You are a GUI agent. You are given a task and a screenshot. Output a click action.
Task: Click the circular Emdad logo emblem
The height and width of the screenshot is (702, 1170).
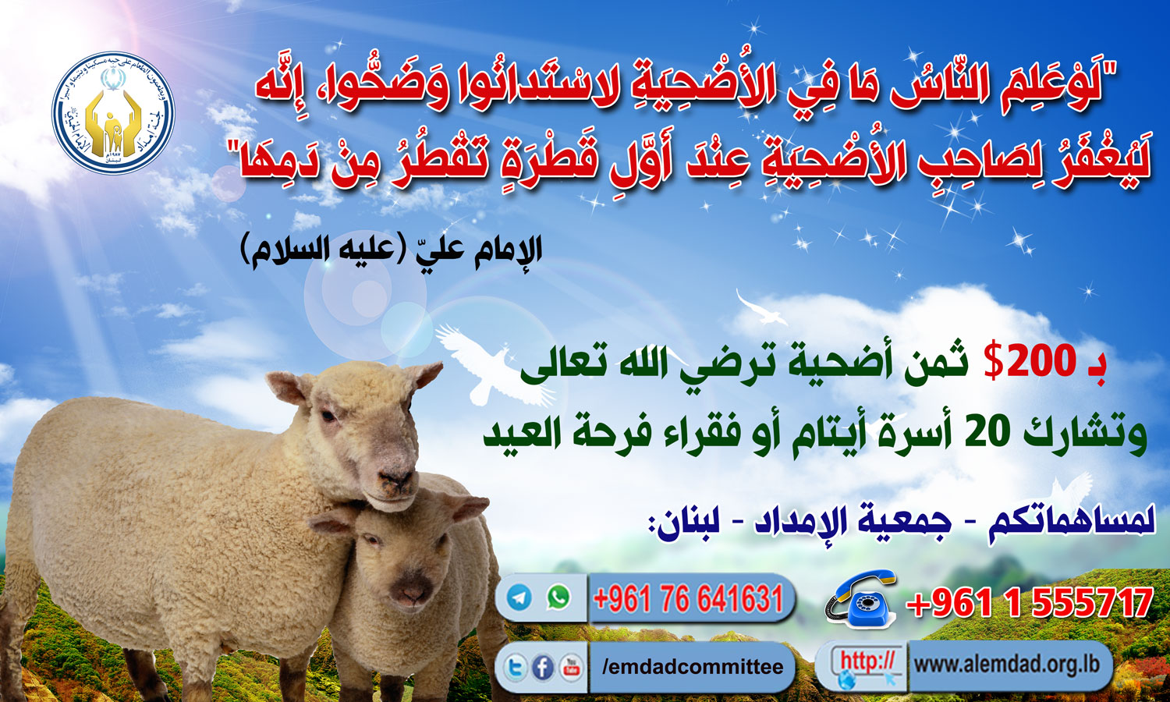pyautogui.click(x=113, y=114)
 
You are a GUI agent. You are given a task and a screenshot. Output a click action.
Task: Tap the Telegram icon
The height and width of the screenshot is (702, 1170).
pyautogui.click(x=519, y=598)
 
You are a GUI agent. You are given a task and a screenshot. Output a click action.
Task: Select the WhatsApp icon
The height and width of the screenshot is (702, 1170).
pyautogui.click(x=558, y=598)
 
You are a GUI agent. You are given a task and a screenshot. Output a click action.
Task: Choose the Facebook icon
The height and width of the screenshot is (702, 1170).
pyautogui.click(x=543, y=668)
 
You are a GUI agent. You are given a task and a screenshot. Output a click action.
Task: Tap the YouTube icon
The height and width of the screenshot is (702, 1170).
pyautogui.click(x=572, y=668)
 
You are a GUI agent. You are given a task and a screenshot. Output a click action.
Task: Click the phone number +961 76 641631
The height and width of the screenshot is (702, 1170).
pyautogui.click(x=688, y=599)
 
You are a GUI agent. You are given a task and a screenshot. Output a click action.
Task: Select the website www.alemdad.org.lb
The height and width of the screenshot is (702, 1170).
pyautogui.click(x=1006, y=665)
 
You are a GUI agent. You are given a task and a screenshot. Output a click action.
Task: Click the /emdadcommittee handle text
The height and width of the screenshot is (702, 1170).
pyautogui.click(x=693, y=668)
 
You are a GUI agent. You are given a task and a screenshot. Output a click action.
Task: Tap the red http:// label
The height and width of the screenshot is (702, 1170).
pyautogui.click(x=867, y=662)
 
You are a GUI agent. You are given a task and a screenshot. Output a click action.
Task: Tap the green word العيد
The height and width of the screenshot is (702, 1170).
pyautogui.click(x=523, y=434)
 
